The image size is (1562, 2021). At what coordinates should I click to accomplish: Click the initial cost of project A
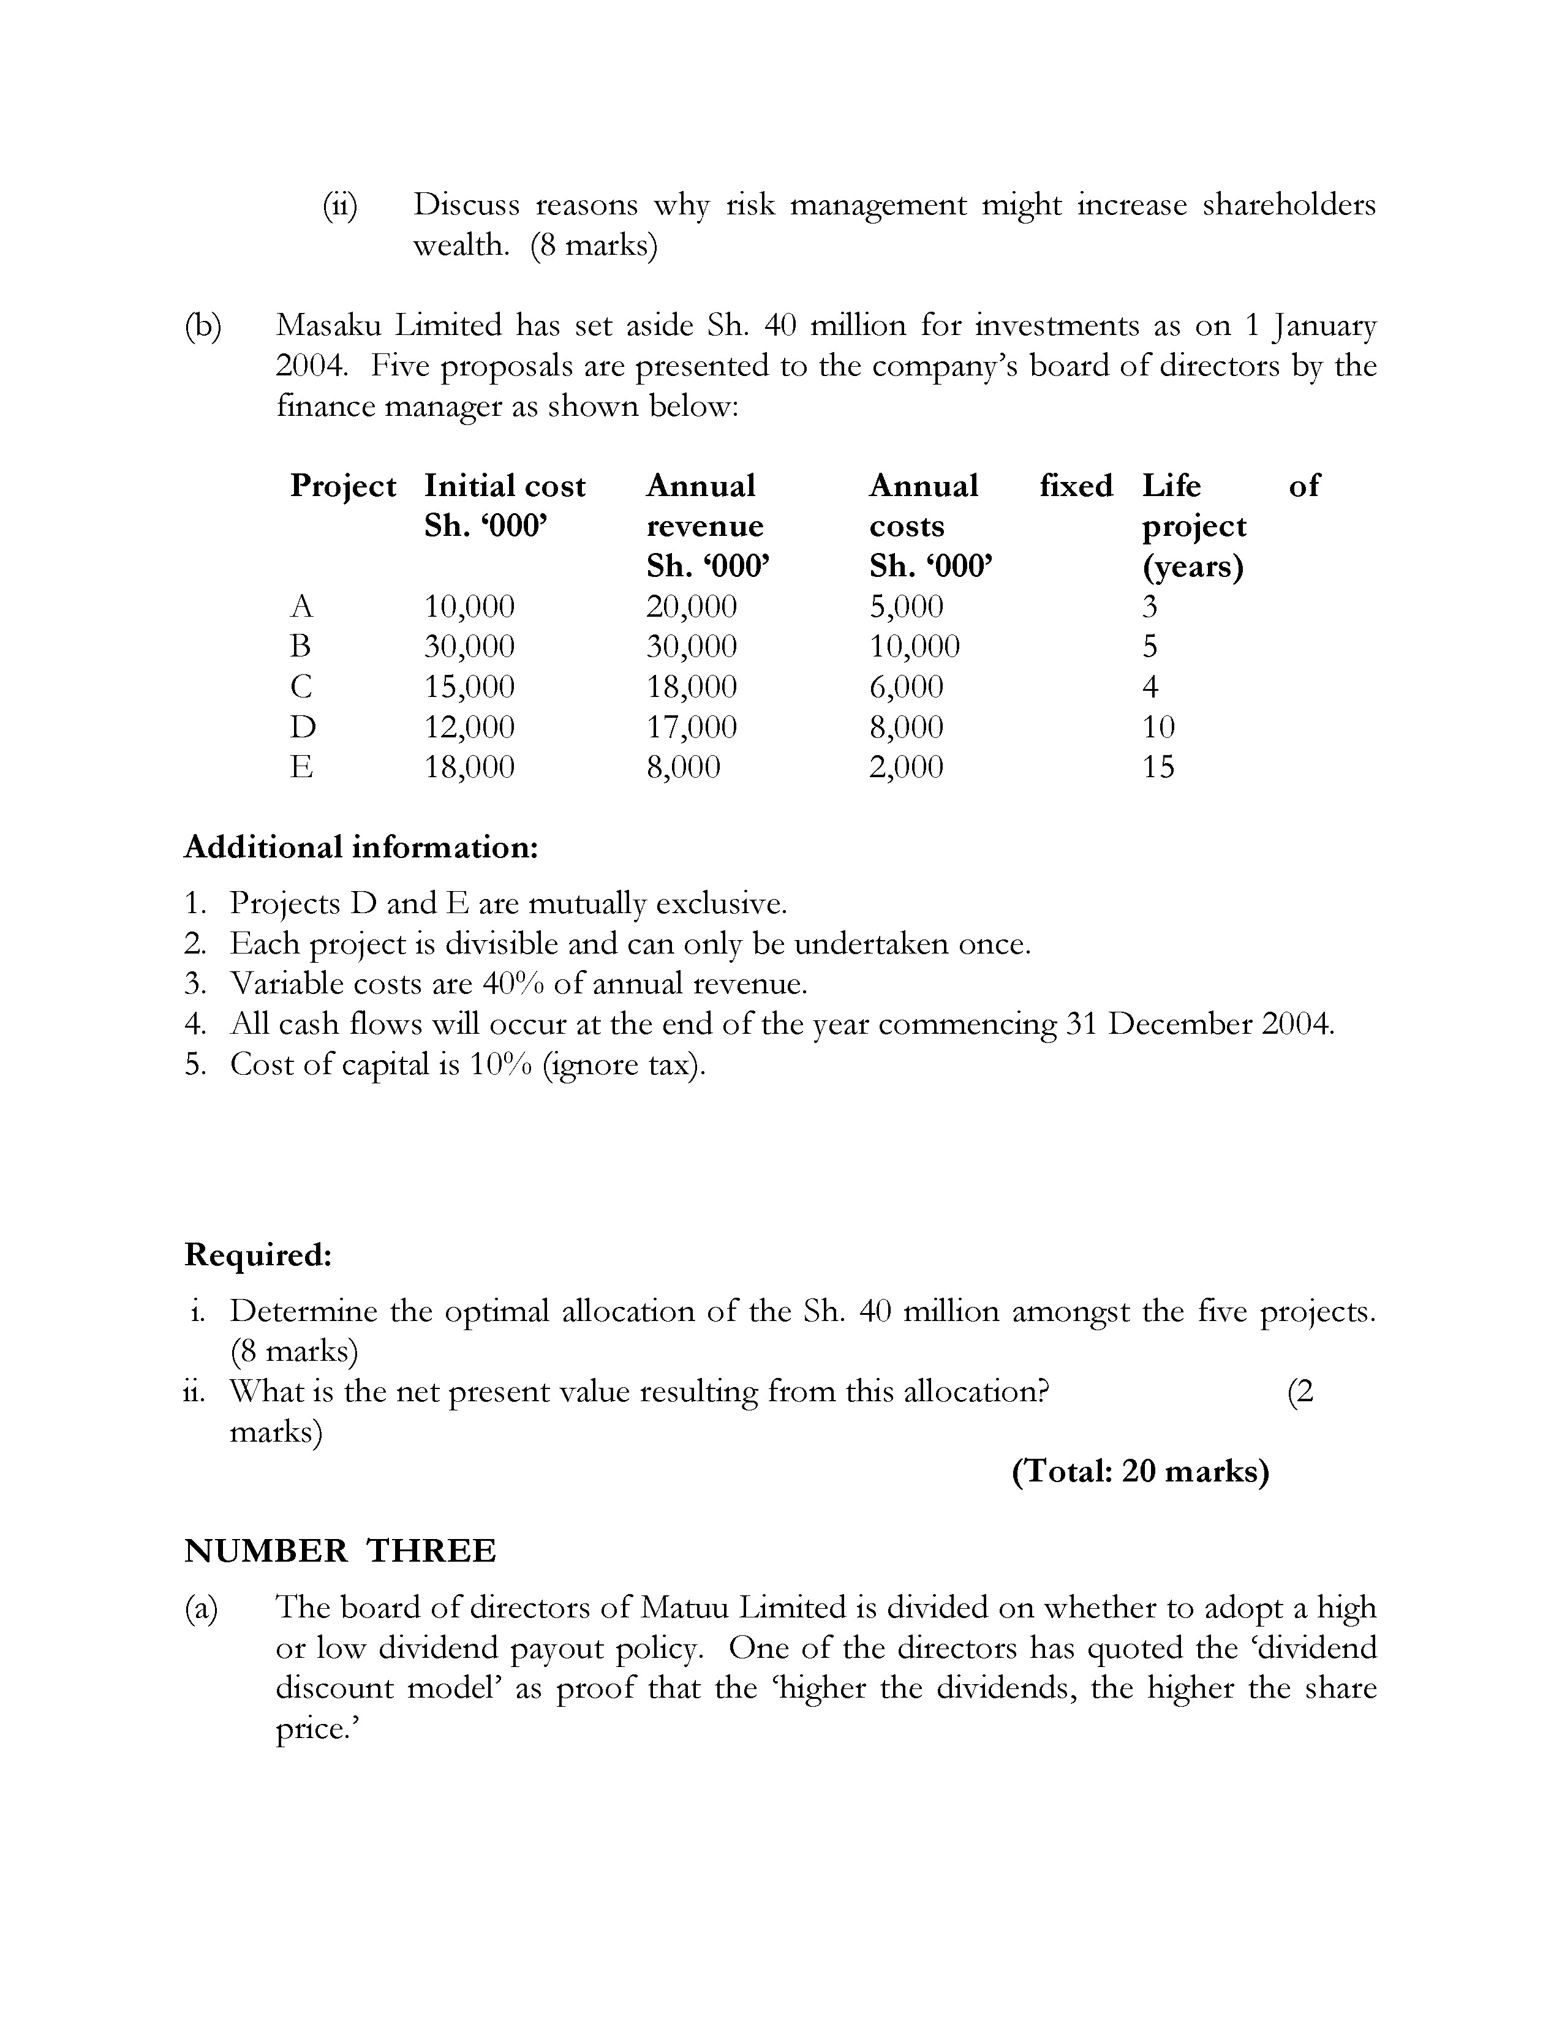tap(469, 607)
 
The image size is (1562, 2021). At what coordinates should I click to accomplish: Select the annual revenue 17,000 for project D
tap(691, 728)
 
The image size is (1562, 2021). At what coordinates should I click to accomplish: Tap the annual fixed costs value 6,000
tap(906, 687)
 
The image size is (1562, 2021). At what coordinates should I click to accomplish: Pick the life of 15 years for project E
tap(1158, 767)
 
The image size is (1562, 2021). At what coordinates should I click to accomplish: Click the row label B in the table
tap(300, 647)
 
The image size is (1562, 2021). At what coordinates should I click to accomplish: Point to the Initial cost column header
tap(504, 486)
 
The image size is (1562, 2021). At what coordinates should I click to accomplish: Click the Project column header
tap(342, 486)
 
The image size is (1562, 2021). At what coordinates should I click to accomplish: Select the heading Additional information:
tap(361, 847)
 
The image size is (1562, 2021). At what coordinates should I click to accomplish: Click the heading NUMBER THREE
tap(339, 1550)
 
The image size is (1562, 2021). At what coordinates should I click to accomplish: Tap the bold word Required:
tap(258, 1255)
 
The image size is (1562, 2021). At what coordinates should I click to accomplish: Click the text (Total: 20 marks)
tap(1140, 1471)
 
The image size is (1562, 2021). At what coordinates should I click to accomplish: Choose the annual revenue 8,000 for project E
tap(683, 767)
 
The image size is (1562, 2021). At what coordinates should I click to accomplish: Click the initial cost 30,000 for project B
tap(469, 647)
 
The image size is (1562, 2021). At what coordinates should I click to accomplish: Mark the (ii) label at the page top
tap(339, 205)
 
